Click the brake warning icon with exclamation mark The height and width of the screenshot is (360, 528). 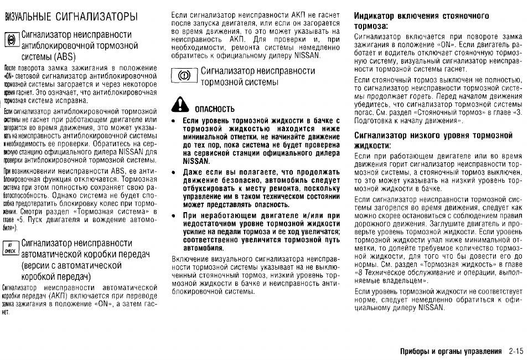click(186, 76)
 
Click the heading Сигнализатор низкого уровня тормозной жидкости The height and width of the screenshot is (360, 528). click(433, 140)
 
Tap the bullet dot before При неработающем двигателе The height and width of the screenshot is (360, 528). click(174, 216)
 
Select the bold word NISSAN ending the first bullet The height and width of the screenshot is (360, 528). click(195, 161)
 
